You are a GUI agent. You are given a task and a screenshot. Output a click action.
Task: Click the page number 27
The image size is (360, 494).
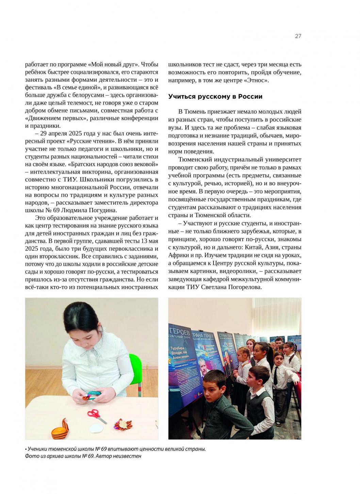[x=298, y=36]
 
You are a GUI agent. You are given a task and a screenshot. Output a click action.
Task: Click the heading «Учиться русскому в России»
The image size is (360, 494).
[x=215, y=97]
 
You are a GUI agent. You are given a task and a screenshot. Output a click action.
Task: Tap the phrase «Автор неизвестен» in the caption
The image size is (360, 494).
[x=120, y=456]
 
